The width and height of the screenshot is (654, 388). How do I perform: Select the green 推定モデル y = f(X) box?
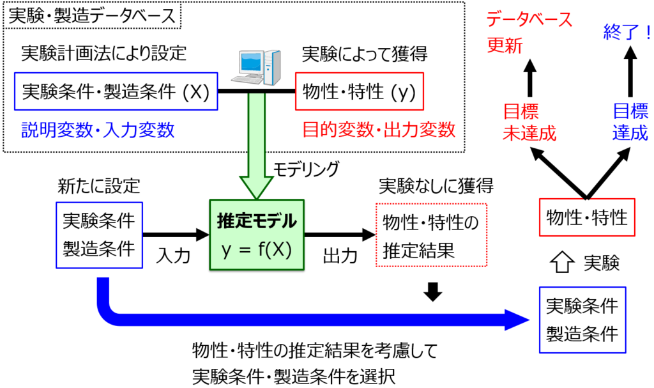[x=257, y=234]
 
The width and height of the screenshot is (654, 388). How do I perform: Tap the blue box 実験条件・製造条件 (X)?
[x=116, y=91]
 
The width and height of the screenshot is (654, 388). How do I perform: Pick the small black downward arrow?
[x=434, y=291]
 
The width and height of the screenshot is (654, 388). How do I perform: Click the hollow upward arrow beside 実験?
[x=559, y=263]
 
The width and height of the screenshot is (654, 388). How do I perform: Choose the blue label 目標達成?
[x=630, y=122]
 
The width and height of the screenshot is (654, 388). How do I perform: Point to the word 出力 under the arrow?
[x=339, y=256]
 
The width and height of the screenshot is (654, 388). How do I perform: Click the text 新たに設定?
[x=98, y=186]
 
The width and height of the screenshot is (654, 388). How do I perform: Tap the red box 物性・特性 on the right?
[x=587, y=217]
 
